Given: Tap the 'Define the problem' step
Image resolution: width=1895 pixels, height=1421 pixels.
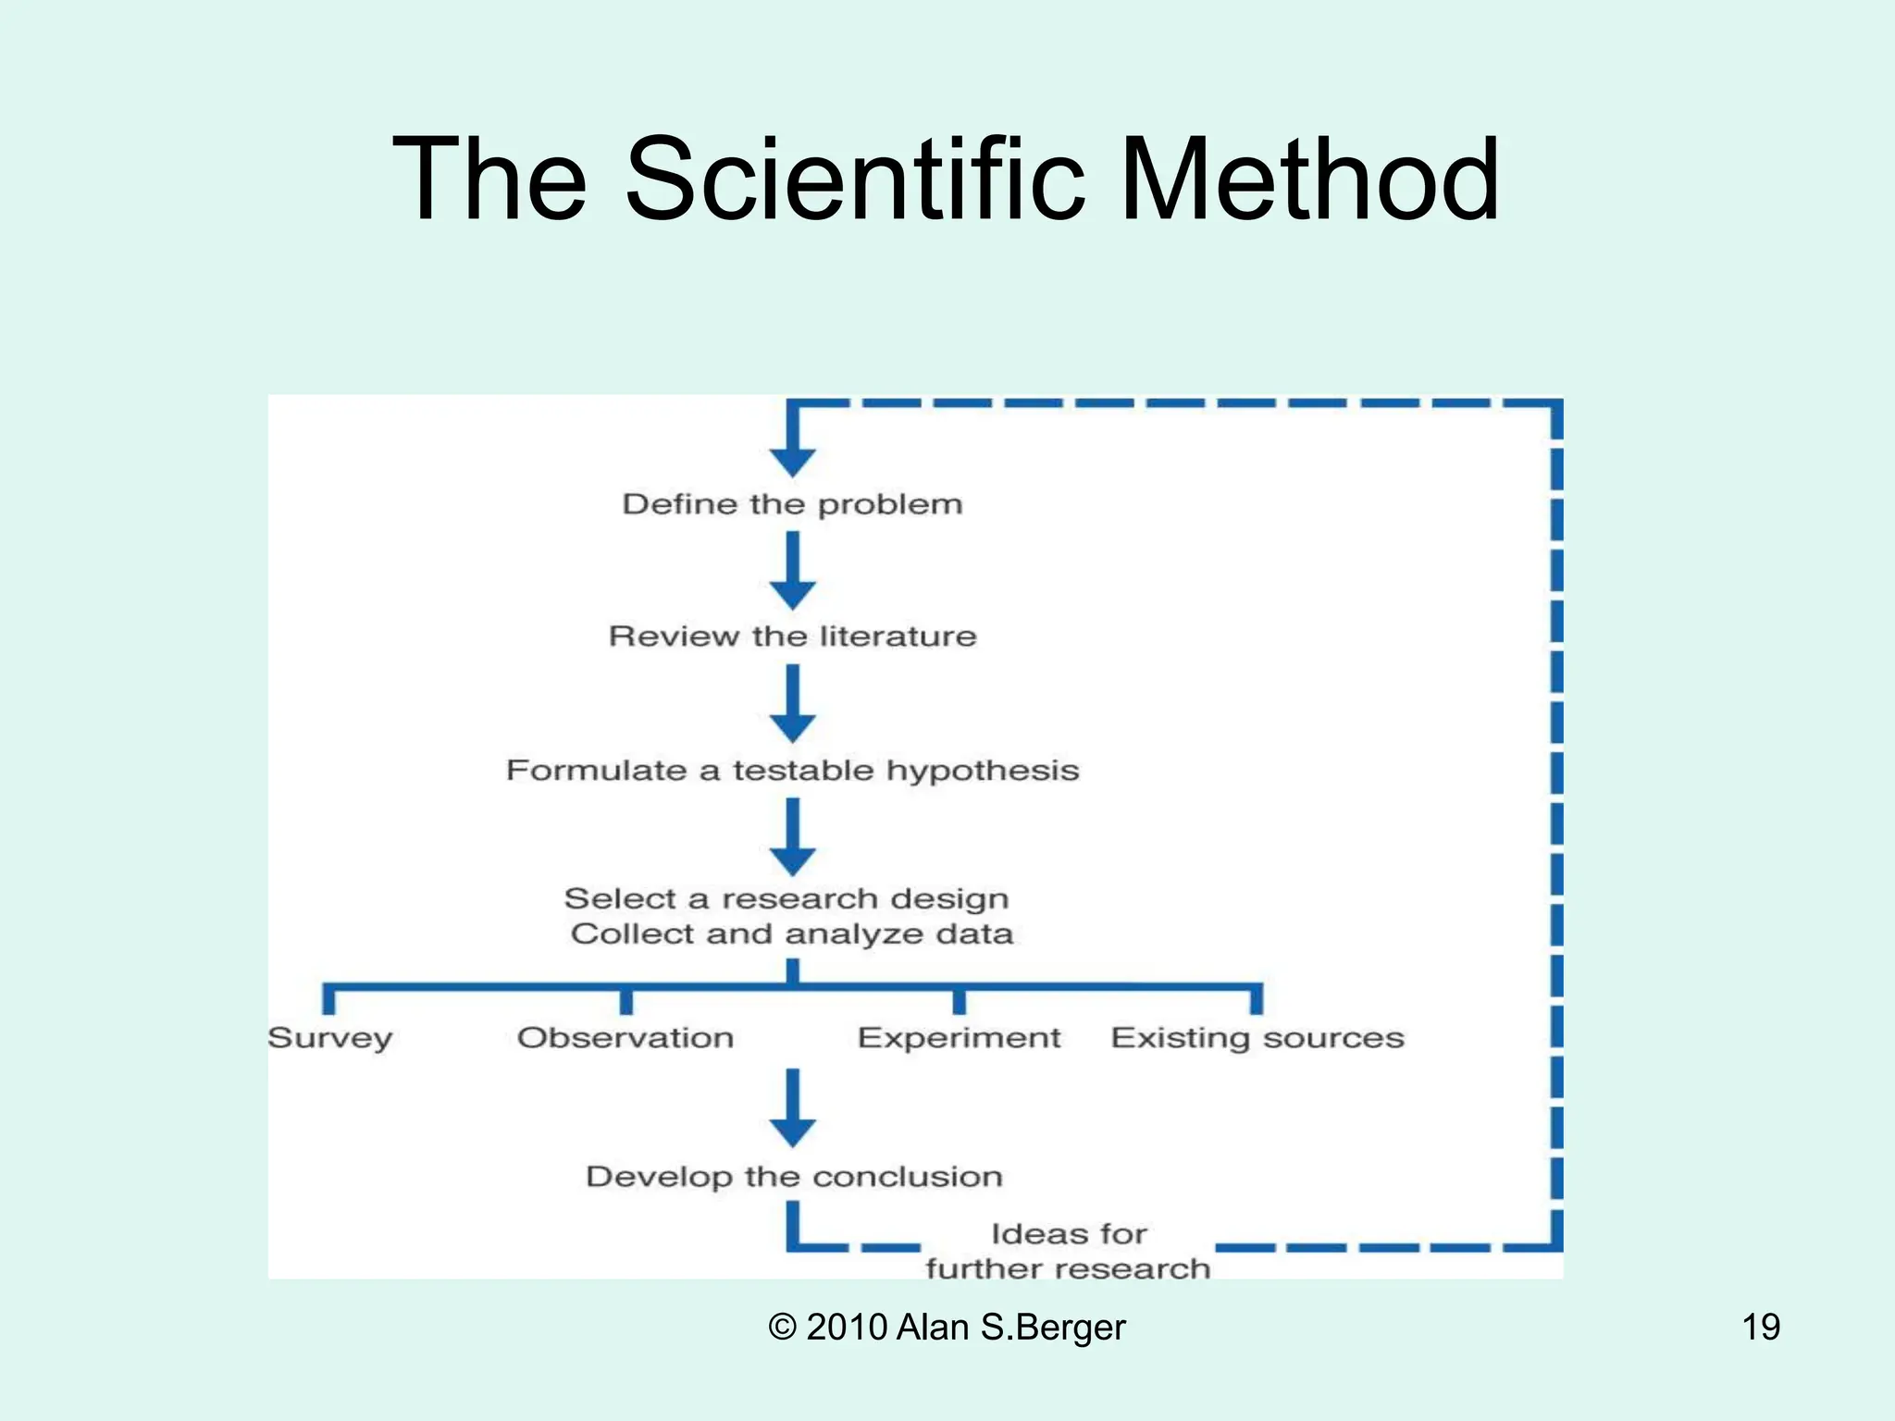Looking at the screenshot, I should (792, 504).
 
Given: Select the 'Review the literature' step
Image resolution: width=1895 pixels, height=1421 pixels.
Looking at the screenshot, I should (792, 636).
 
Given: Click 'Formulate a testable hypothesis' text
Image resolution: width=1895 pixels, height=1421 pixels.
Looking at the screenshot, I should (792, 770).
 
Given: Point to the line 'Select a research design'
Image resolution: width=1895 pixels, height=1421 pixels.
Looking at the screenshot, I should (786, 898).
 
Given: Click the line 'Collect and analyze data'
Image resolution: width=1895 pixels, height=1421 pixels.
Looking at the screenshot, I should (792, 933).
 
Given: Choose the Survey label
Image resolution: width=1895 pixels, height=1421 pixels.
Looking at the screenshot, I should (330, 1038).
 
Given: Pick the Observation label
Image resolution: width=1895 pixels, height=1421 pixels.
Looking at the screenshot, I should (625, 1038).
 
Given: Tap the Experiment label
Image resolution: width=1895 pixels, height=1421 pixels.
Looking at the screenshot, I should (959, 1038).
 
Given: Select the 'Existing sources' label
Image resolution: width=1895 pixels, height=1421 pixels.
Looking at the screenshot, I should (1257, 1038).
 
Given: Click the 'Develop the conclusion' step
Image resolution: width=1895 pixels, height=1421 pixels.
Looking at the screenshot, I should (794, 1177).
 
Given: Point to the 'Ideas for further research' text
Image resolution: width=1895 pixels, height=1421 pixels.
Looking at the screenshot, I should (1068, 1251).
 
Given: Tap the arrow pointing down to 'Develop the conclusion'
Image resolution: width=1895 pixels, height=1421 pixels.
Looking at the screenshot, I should (793, 1110).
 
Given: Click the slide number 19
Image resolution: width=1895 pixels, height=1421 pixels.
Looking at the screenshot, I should (1761, 1327).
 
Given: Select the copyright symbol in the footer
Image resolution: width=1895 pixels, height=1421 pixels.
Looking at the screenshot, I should (782, 1327).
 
